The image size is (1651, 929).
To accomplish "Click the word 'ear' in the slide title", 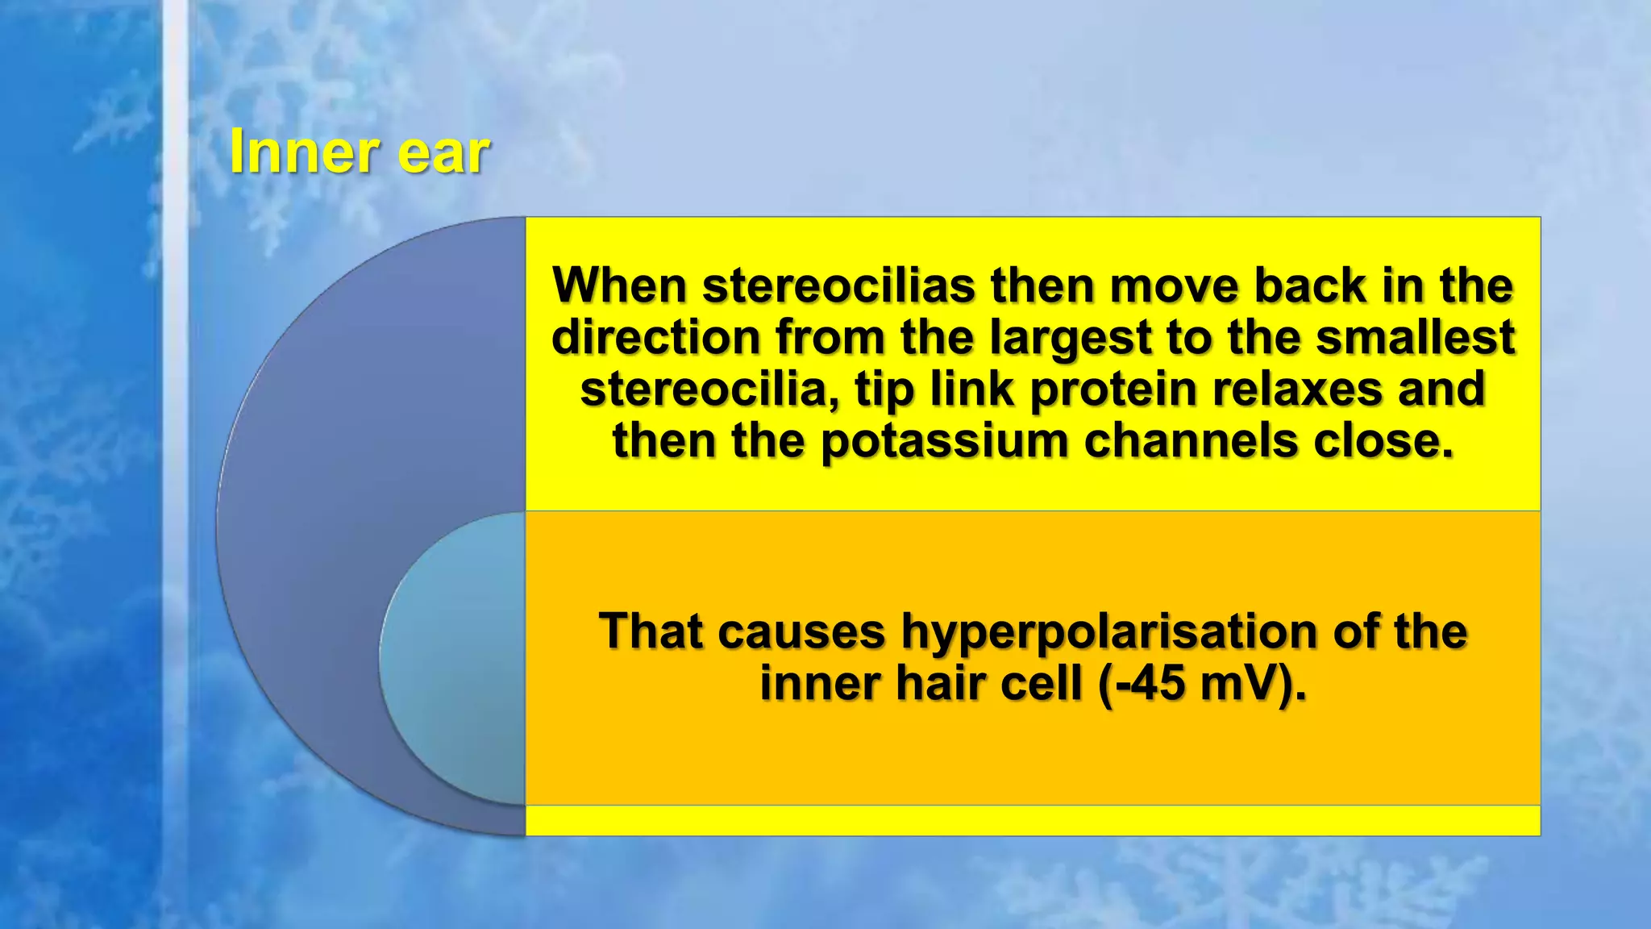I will pyautogui.click(x=443, y=152).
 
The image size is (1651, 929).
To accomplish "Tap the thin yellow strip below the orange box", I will pyautogui.click(x=1032, y=820).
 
